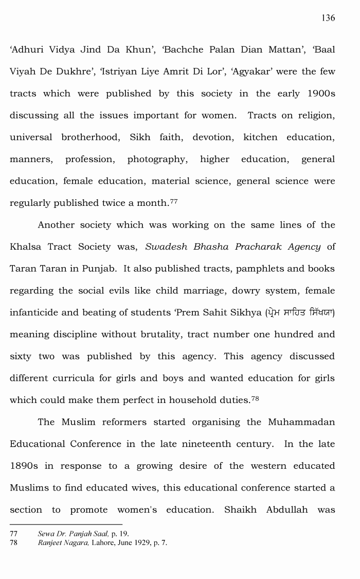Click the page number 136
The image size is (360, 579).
click(328, 18)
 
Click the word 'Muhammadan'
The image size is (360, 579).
click(301, 422)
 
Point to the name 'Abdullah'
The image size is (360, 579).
click(287, 510)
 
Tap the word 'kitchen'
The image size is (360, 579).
click(260, 137)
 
